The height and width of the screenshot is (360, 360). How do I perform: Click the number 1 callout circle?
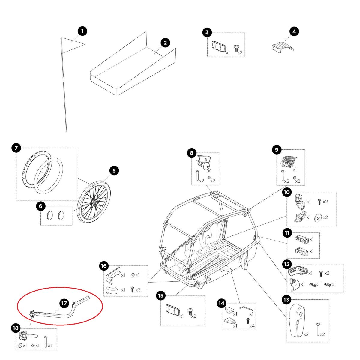[82, 31]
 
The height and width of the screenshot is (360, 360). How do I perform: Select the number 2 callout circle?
[165, 43]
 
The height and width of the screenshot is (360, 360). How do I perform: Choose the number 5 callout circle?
[114, 171]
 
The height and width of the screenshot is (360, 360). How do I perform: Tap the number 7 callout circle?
[16, 148]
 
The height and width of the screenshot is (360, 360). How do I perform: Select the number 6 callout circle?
[40, 206]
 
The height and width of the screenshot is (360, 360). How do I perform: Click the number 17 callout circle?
[64, 304]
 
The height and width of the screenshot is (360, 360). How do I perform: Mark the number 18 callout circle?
[16, 328]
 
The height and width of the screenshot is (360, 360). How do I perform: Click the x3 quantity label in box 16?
[138, 290]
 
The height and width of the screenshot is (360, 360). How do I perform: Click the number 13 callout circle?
[286, 299]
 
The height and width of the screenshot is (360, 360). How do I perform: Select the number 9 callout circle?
[276, 149]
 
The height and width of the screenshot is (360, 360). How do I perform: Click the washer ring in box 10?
[317, 217]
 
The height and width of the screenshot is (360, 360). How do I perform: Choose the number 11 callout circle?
[287, 232]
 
